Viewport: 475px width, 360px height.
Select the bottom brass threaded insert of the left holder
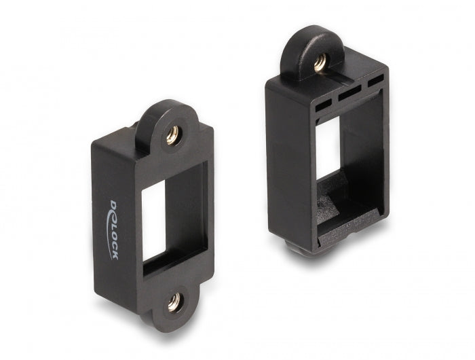[x=174, y=303]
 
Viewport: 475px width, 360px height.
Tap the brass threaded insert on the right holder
[x=319, y=62]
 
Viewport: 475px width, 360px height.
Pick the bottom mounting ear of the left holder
[x=175, y=306]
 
